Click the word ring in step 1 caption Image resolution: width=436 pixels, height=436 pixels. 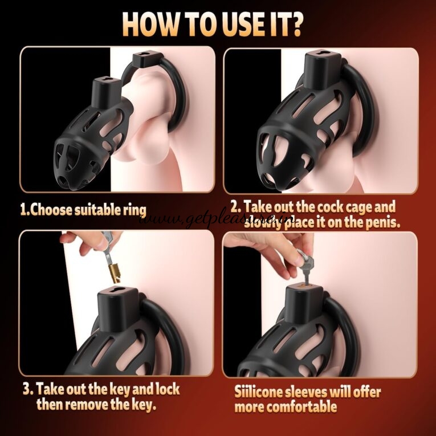click(134, 209)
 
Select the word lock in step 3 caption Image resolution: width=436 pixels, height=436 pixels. click(165, 390)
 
